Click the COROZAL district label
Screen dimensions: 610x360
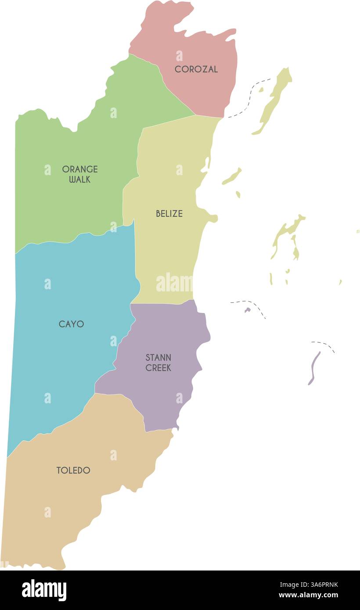coord(196,69)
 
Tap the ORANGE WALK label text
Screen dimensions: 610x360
coord(79,174)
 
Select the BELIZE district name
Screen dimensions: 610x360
coord(169,214)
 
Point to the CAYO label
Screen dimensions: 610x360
coord(71,324)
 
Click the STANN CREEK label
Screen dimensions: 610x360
coord(158,363)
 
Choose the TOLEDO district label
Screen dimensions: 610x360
coord(73,470)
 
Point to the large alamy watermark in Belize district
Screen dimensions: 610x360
coord(174,283)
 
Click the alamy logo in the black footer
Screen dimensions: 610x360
coord(44,590)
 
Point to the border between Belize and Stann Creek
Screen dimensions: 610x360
coord(162,303)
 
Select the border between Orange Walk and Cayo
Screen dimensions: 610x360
coord(75,240)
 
